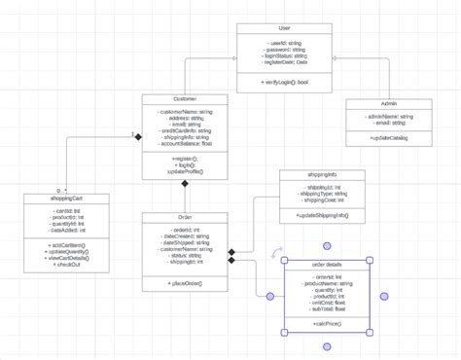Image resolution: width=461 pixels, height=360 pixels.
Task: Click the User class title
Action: pos(283,29)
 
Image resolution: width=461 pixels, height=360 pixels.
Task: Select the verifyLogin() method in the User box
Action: pos(283,83)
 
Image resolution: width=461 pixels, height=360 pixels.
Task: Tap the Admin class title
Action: pos(388,103)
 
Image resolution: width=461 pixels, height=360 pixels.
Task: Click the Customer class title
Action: pos(185,99)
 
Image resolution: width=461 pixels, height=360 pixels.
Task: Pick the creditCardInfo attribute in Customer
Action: pos(185,130)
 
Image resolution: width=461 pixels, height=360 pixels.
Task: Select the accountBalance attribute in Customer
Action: pos(185,143)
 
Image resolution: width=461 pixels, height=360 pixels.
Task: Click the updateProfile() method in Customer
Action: pos(185,170)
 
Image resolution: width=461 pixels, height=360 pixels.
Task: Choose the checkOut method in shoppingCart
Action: pos(66,265)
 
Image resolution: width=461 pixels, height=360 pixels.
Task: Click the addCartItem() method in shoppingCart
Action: pos(66,245)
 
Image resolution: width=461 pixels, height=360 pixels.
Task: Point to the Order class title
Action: pos(185,217)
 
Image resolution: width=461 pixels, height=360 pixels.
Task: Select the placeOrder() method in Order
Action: pos(185,283)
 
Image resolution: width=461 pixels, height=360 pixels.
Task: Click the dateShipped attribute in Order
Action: pos(185,242)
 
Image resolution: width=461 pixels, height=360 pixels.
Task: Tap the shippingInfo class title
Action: pos(322,175)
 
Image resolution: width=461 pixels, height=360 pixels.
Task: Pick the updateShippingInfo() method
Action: pos(322,214)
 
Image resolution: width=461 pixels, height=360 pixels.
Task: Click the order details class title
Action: pos(327,264)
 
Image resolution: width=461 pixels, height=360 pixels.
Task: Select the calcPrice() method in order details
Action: pos(327,323)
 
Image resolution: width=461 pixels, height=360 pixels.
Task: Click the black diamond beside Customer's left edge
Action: pos(138,137)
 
